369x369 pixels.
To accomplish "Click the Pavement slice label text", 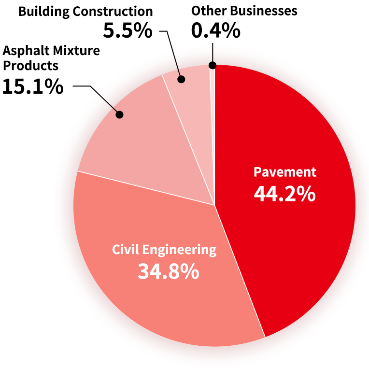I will [x=285, y=172].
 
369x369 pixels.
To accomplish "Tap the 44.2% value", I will [x=285, y=194].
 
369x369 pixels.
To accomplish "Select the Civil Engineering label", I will [x=164, y=250].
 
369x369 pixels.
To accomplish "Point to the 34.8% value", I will [x=168, y=271].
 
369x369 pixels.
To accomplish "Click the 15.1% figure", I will [x=33, y=86].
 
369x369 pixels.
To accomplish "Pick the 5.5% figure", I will [x=128, y=31].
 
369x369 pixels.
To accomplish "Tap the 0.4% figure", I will [x=215, y=31].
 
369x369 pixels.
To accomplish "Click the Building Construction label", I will [x=85, y=11].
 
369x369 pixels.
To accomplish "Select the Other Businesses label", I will [x=244, y=11].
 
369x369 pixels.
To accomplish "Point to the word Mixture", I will [x=73, y=51].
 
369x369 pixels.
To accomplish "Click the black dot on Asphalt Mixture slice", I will [x=119, y=114].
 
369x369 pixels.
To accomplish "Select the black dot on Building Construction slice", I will [x=181, y=79].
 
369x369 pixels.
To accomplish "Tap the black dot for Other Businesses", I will [x=212, y=65].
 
